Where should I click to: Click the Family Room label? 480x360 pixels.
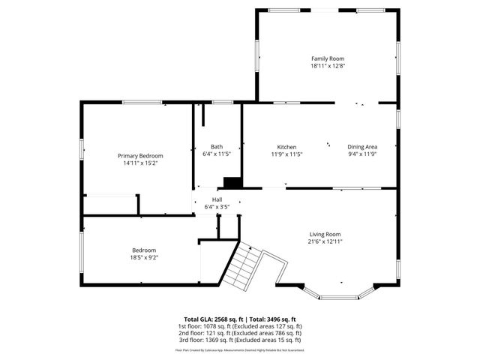328,58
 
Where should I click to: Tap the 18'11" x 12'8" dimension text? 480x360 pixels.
328,66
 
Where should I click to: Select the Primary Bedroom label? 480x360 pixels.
139,155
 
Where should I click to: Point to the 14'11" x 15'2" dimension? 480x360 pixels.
139,163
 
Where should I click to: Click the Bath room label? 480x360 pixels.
216,147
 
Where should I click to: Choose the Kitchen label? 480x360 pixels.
286,147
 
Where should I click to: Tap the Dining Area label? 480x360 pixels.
361,147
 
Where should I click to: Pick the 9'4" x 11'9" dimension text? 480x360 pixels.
361,154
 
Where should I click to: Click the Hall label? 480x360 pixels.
216,199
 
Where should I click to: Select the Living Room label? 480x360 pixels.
324,234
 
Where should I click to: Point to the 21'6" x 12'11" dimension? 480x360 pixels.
324,241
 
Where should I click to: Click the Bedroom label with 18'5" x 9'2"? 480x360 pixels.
145,250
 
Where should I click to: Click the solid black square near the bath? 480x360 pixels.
232,182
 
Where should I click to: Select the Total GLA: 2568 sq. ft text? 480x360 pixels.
210,319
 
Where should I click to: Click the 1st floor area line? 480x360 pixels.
240,326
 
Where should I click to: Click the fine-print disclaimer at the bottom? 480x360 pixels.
240,349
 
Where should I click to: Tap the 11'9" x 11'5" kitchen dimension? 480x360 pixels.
286,154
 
